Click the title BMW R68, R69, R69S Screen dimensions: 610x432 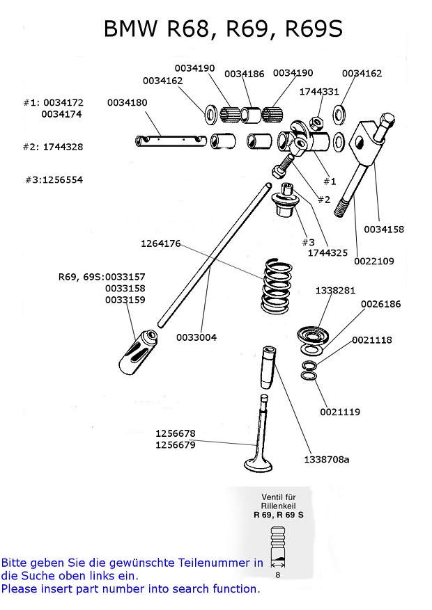pyautogui.click(x=222, y=29)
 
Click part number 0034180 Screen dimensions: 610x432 pyautogui.click(x=128, y=102)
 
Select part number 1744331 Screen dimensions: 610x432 pyautogui.click(x=319, y=92)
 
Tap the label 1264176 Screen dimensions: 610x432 pyautogui.click(x=161, y=244)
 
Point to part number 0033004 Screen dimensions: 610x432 pyautogui.click(x=196, y=337)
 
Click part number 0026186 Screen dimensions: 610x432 pyautogui.click(x=381, y=304)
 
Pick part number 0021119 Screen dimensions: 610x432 pyautogui.click(x=340, y=412)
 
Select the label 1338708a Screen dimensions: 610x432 pyautogui.click(x=327, y=460)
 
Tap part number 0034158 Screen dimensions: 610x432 pyautogui.click(x=384, y=229)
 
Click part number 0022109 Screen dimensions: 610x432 pyautogui.click(x=374, y=262)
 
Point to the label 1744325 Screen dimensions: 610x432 pyautogui.click(x=328, y=253)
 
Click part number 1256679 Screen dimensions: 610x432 pyautogui.click(x=175, y=444)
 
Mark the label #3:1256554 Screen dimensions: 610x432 pyautogui.click(x=53, y=179)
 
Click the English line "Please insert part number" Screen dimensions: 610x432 pyautogui.click(x=130, y=588)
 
